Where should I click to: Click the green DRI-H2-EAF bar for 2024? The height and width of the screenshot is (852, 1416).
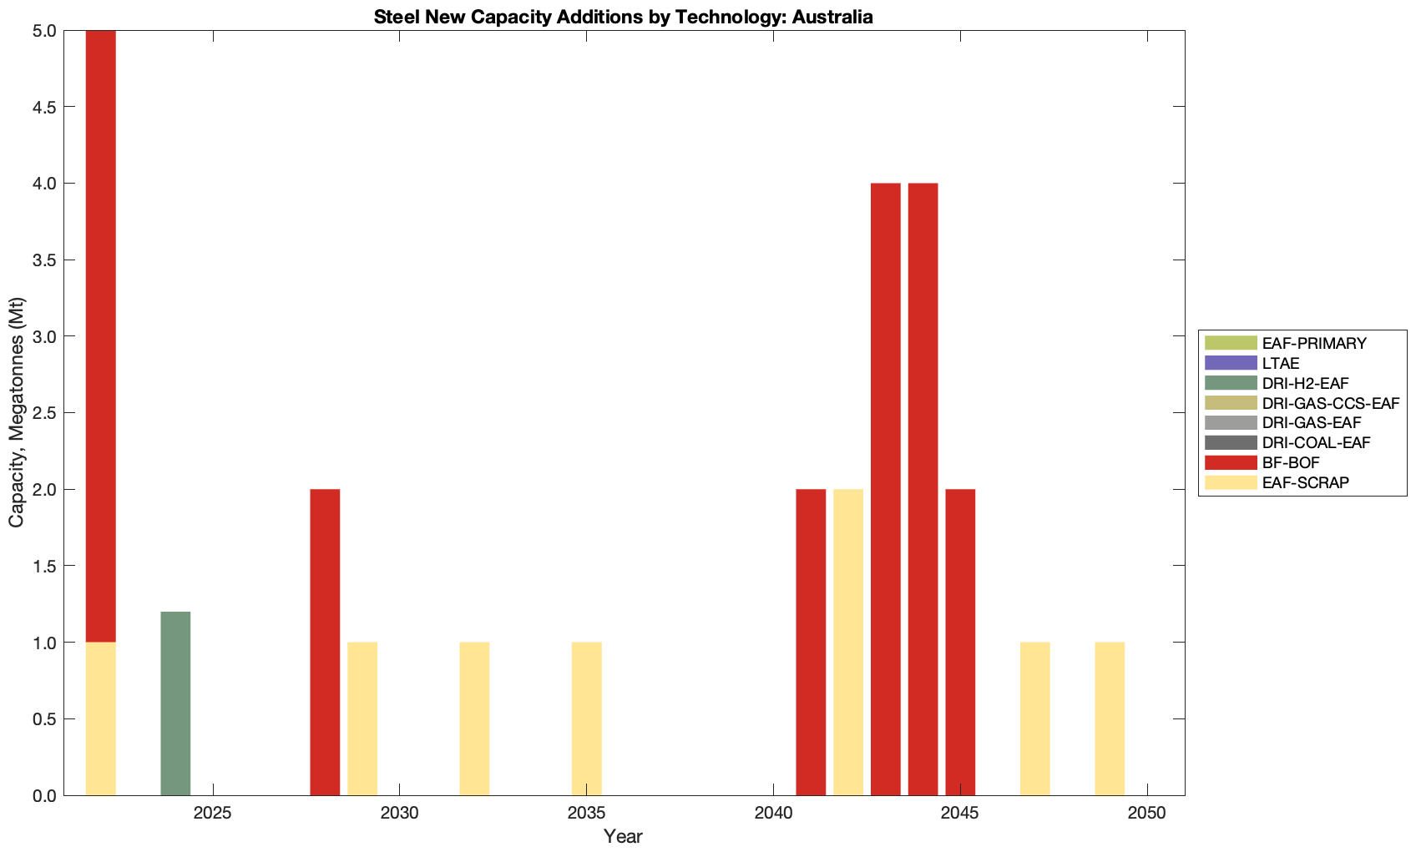click(x=175, y=703)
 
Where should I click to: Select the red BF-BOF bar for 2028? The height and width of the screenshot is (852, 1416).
click(x=325, y=642)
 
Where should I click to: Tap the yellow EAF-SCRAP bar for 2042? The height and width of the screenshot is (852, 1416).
click(x=848, y=642)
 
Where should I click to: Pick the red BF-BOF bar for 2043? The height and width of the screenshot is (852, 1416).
click(x=886, y=489)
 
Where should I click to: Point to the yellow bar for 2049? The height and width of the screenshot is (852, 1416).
click(x=1110, y=718)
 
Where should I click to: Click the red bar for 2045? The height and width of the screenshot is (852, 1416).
click(x=960, y=642)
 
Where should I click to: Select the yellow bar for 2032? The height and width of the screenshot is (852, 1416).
click(x=474, y=718)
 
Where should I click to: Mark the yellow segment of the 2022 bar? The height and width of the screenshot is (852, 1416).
click(x=101, y=718)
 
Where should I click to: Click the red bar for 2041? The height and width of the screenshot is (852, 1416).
click(x=811, y=642)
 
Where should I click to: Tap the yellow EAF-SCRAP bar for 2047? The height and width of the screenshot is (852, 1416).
click(x=1035, y=718)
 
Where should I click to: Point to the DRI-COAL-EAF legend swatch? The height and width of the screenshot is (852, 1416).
click(x=1231, y=442)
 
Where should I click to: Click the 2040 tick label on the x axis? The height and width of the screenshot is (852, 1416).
click(x=773, y=814)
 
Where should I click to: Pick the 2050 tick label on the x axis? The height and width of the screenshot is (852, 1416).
click(x=1147, y=814)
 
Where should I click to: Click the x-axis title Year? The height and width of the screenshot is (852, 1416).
click(x=623, y=836)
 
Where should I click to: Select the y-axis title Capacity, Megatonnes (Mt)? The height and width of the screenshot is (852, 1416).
click(x=17, y=412)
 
